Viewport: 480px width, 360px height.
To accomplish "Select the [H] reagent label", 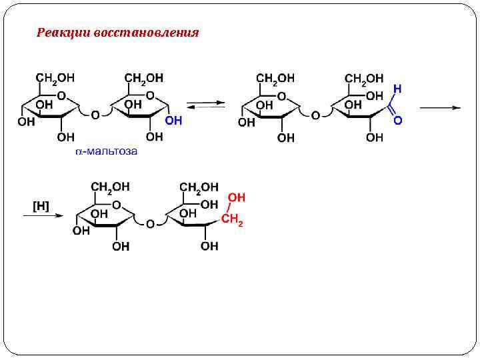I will (41, 206).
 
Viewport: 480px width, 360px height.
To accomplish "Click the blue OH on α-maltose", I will (173, 121).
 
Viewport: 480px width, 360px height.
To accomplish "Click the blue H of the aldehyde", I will (397, 89).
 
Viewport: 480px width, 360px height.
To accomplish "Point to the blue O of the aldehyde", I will (398, 121).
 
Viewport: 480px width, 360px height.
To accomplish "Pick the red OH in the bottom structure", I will (236, 198).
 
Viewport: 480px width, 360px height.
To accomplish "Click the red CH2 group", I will (232, 220).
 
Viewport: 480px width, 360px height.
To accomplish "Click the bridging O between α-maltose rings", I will (95, 115).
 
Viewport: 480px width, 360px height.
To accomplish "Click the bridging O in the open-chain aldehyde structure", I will (315, 115).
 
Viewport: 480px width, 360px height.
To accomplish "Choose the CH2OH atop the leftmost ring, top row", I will (56, 79).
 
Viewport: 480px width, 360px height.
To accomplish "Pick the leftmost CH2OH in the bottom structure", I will (111, 187).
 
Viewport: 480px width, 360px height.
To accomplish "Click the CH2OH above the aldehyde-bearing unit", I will (364, 79).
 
